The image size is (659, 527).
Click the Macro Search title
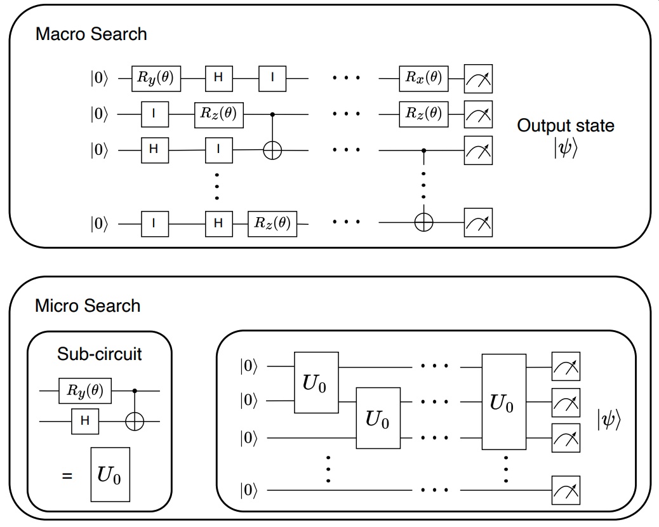(91, 34)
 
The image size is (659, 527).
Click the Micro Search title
(88, 306)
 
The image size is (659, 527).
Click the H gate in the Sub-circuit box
(86, 421)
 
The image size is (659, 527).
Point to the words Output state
(566, 125)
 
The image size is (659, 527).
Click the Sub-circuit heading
(100, 354)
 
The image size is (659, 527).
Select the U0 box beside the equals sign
(110, 475)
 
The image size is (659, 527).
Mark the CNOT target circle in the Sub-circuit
(134, 421)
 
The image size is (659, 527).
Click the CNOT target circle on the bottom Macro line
(423, 223)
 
